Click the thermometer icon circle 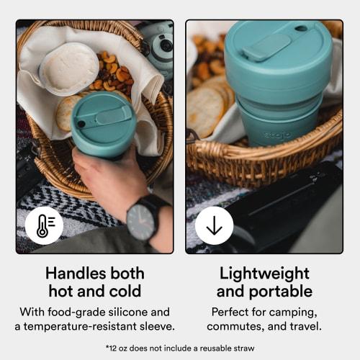(44, 225)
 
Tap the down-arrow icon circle (214, 225)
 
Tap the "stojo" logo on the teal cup (277, 134)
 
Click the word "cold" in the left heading (120, 292)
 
